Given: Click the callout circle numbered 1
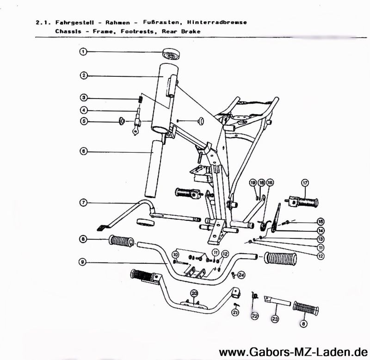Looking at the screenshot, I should (x=83, y=52).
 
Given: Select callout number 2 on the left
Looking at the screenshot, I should (x=83, y=75).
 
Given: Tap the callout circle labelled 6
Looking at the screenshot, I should (x=83, y=151).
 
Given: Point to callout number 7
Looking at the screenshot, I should (x=83, y=203).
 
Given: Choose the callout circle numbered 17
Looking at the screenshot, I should (x=305, y=182).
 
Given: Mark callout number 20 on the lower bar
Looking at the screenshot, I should (x=194, y=293).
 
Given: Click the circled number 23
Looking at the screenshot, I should (x=275, y=319).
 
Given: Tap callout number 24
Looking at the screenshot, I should (x=241, y=275).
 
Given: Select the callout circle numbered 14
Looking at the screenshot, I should (x=321, y=230).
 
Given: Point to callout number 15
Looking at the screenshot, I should (x=321, y=221).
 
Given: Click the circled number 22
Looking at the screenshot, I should (x=255, y=316).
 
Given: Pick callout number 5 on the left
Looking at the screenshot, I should (x=83, y=121).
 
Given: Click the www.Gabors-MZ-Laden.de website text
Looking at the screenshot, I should (x=292, y=352).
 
